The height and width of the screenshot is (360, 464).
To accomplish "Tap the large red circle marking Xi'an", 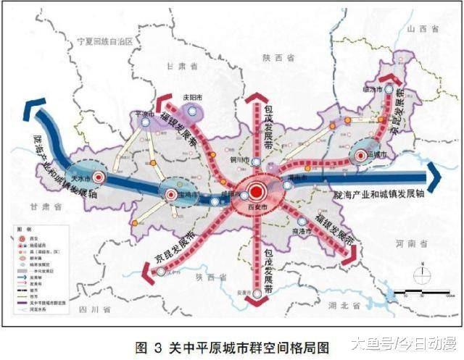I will (255, 192).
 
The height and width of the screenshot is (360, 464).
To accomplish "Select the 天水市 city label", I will (81, 177).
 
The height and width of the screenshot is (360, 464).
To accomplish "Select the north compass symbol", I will (420, 274).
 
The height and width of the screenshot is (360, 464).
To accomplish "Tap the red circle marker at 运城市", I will (360, 155).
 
